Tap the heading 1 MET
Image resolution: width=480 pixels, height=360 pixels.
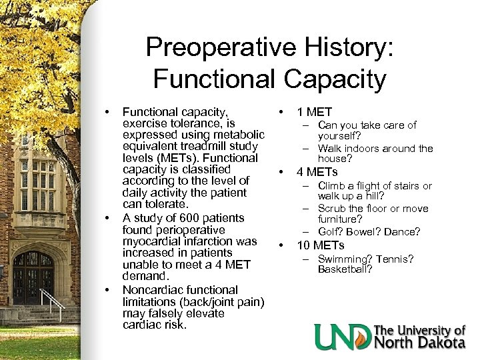point(314,112)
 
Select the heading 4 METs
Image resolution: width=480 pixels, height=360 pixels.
point(317,172)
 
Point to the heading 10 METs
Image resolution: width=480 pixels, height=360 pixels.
point(321,245)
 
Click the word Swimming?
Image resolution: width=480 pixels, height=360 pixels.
point(346,259)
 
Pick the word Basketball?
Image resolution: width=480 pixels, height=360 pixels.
point(345,270)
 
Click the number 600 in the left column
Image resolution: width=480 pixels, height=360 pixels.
point(180,218)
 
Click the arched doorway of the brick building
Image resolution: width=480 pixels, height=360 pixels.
point(33,273)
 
